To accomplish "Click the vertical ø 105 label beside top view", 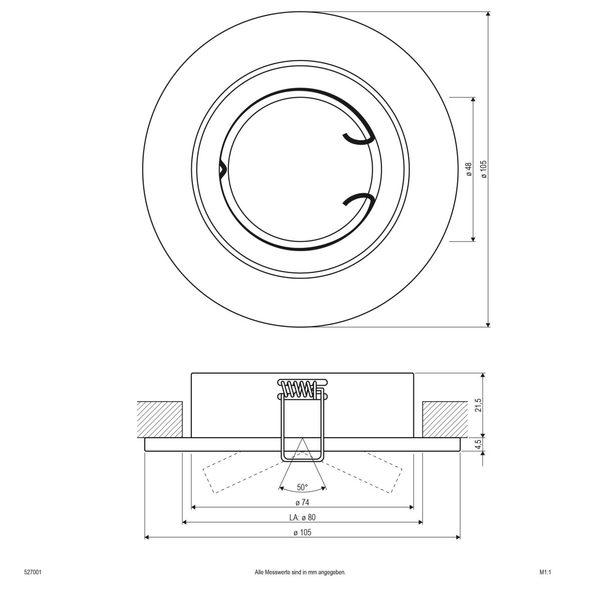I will coord(484,169).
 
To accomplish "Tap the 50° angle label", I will coord(302,487).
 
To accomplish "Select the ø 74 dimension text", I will coord(302,502).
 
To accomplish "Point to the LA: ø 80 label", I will coord(302,517).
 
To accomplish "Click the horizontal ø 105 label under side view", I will coord(302,532).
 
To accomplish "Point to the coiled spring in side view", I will coord(299,389).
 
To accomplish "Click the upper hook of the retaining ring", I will coord(359,138).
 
